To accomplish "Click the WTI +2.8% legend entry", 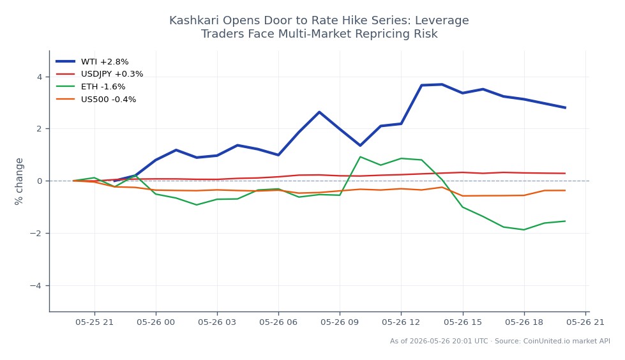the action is pos(92,62).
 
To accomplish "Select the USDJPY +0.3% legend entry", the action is pos(99,74).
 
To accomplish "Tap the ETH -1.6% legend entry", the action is pos(91,87).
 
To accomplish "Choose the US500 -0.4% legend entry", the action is pos(96,100).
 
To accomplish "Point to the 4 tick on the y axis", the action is pos(40,77).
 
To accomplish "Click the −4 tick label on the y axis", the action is pos(36,285).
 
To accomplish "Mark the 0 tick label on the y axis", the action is pos(40,181).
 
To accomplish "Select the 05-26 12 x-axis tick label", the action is pos(401,322).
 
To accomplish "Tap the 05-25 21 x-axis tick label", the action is pos(94,322).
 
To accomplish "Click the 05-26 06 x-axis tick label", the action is pos(278,322).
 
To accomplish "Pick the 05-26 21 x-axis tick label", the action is pos(585,322).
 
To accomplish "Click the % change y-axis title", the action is pos(19,181).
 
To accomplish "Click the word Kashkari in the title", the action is pos(193,20).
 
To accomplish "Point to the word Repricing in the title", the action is pos(379,34).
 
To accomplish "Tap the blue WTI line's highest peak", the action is pos(442,84).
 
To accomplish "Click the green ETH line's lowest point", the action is pos(523,230).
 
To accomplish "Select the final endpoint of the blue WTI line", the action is pos(565,108).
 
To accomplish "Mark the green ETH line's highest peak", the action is pos(360,156).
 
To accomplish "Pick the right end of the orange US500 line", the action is pos(565,191).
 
